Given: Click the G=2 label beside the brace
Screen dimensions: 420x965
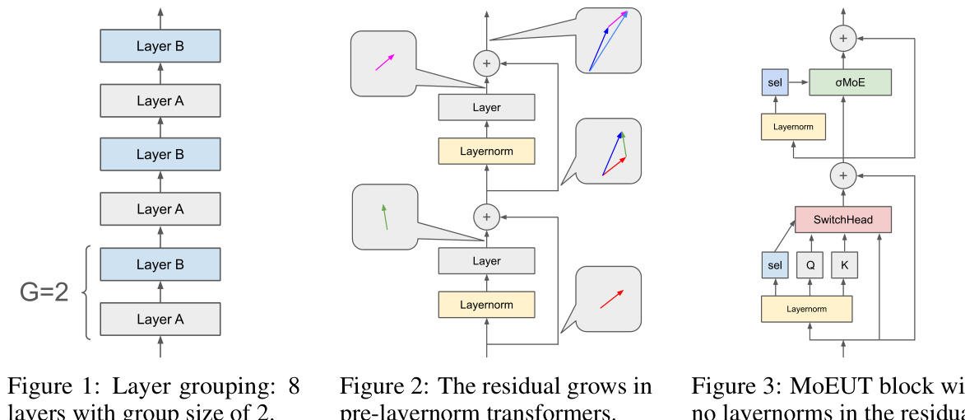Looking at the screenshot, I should pos(44,292).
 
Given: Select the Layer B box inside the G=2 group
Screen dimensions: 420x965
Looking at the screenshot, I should pos(160,264).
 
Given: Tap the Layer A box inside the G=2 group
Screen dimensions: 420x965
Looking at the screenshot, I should pos(160,320).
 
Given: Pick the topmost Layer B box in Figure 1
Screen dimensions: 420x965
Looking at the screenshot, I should pos(160,46).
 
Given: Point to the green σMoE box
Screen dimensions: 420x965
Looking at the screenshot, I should pos(850,82).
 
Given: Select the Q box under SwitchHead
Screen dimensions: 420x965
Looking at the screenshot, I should pos(810,265).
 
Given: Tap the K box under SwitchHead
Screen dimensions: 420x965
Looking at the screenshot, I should pos(844,265).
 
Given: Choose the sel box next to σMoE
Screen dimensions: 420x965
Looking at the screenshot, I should pos(774,82).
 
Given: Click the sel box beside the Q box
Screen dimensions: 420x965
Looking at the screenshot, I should pos(774,265).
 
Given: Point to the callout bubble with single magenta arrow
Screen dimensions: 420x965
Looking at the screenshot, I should pos(383,63).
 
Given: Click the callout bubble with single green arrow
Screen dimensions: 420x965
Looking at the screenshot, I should pos(385,217).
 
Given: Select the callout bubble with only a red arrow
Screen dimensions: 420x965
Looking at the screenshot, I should pos(608,299).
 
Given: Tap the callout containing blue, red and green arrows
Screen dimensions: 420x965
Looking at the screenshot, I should pos(608,152).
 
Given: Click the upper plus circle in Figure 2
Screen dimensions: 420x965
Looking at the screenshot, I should pos(486,63).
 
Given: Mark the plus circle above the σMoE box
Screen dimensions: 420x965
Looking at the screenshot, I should pos(842,37).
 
